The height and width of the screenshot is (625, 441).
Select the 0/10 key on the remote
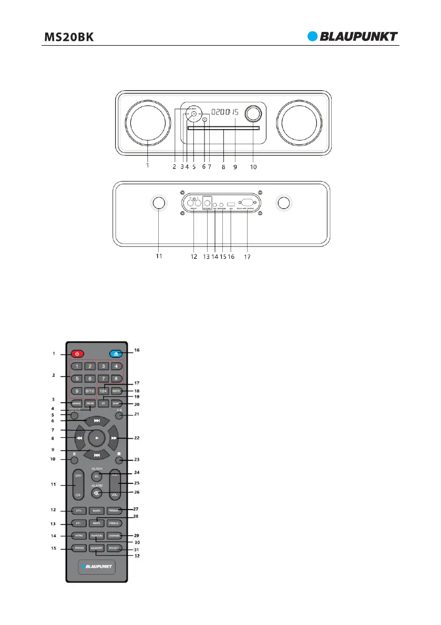coord(90,390)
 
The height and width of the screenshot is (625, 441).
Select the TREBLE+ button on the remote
coord(115,510)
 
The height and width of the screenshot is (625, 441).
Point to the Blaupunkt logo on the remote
coord(95,568)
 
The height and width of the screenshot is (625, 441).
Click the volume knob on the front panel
coord(253,114)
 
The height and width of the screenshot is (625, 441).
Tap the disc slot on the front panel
coord(223,127)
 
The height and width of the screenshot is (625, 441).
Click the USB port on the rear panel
coord(231,204)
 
